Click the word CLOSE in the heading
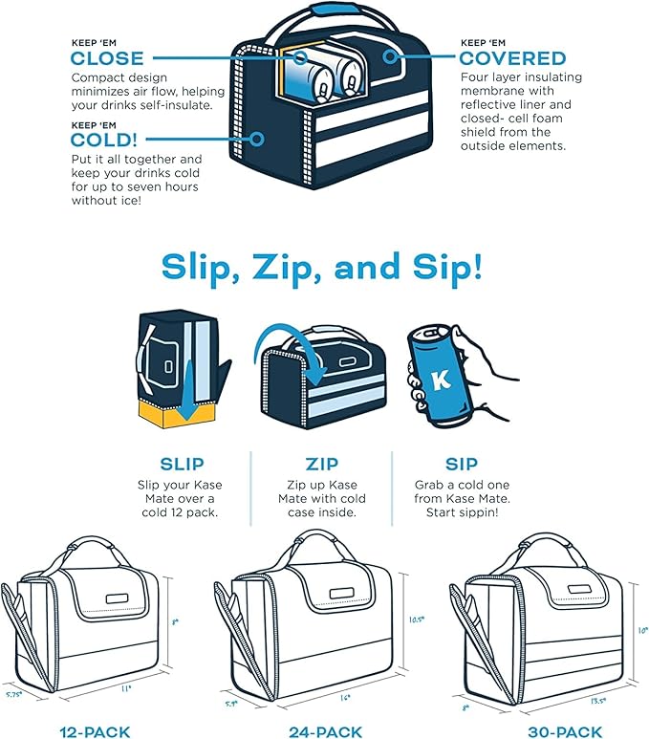coord(107,58)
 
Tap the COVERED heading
coord(512,58)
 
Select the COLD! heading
coord(104,140)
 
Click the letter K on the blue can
coord(442,380)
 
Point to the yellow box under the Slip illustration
coord(176,414)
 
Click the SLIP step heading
coord(182,465)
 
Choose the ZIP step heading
coord(322,465)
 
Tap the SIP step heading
coord(462,465)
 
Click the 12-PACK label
coord(95,732)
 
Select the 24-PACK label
coord(326,732)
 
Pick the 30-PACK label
coord(565,732)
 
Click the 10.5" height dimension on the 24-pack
coord(416,619)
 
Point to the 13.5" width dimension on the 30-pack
coord(597,702)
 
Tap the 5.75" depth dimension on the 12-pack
coord(13,695)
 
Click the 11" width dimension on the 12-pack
coord(125,689)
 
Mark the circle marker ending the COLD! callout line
coord(257,139)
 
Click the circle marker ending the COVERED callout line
coord(389,57)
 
